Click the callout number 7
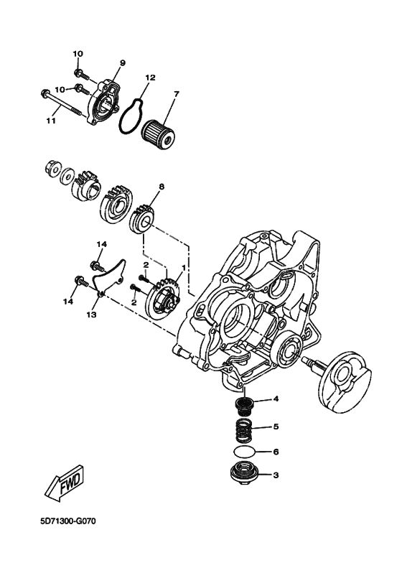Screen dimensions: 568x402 click(177, 93)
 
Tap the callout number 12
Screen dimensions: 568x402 click(150, 77)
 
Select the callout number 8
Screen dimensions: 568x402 click(162, 187)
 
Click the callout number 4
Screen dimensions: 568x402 click(275, 399)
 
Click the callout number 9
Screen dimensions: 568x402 click(122, 63)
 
